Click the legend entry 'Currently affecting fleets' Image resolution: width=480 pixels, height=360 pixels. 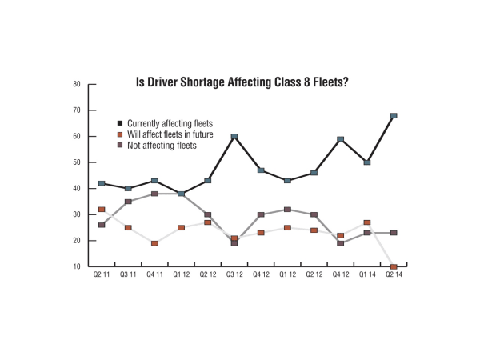tap(170, 123)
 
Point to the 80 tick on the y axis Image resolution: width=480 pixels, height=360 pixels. tap(77, 84)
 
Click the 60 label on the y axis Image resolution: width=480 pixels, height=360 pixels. tap(77, 136)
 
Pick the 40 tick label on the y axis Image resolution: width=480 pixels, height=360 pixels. tap(77, 189)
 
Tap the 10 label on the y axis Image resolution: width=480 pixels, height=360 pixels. tap(77, 267)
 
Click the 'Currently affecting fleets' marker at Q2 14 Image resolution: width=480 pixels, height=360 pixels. tap(394, 116)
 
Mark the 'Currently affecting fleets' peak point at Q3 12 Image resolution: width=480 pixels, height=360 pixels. tap(234, 137)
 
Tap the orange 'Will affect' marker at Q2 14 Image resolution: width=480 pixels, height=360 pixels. tap(394, 266)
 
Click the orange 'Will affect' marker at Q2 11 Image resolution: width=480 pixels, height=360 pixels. tap(102, 210)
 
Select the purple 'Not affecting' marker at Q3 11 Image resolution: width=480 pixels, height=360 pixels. tap(128, 202)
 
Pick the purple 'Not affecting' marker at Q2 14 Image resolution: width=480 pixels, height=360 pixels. tap(394, 233)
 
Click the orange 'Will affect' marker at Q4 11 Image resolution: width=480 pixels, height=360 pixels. tap(154, 243)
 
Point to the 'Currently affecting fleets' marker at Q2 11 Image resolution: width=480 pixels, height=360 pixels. tap(102, 183)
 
